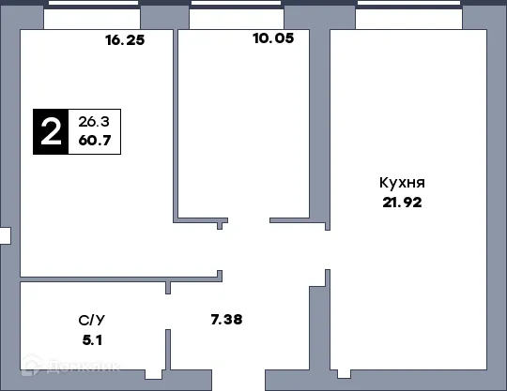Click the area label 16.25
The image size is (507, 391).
point(125,40)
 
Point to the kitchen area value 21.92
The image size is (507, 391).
point(397,202)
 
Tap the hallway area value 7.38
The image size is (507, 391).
point(225,320)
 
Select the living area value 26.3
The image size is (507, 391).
point(95,121)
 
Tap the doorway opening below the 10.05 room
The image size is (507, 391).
point(247,222)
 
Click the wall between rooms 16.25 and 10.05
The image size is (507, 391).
point(176,122)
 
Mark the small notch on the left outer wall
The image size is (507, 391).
point(5,236)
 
